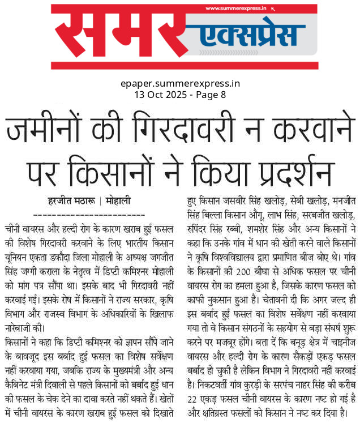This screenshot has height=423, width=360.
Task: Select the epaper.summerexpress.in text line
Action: click(x=180, y=83)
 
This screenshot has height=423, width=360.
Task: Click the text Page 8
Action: click(x=210, y=94)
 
